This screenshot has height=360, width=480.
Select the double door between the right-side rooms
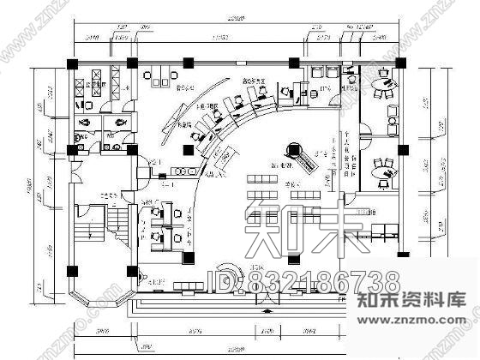pos(363,132)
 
